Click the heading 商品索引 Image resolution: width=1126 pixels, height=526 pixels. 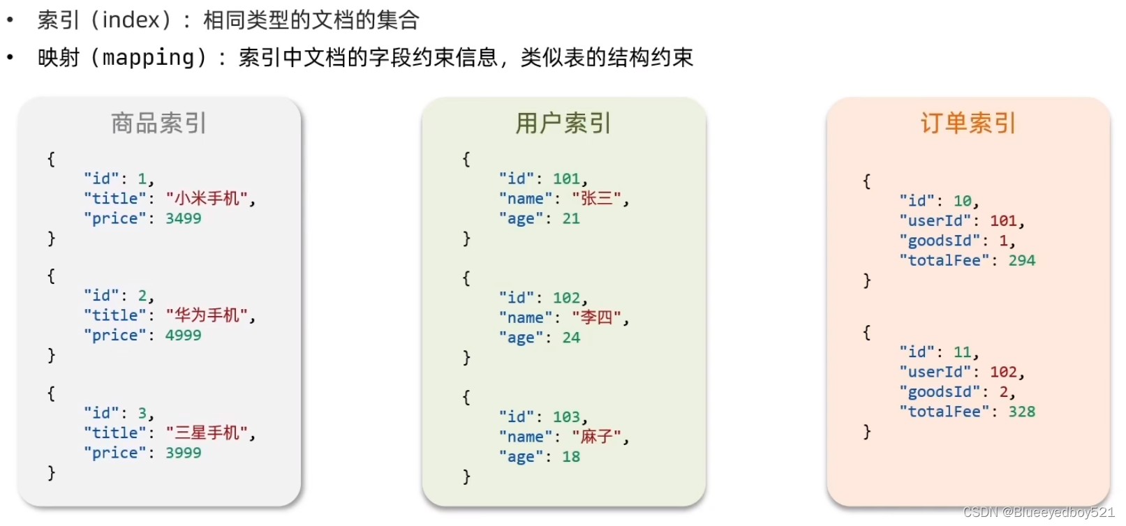(158, 123)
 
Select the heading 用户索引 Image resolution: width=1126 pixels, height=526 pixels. (563, 123)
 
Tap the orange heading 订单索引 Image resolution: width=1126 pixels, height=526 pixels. (968, 123)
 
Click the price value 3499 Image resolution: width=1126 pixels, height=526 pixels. (183, 218)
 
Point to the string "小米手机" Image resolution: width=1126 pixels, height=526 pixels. (207, 199)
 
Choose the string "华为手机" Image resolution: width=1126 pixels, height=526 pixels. (207, 315)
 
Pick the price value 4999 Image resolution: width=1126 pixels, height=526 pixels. (183, 336)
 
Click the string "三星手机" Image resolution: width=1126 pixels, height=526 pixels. (207, 433)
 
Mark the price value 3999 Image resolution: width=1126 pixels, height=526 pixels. (183, 453)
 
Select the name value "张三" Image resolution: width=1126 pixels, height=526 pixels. (597, 199)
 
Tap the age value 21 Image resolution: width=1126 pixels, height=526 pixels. (571, 219)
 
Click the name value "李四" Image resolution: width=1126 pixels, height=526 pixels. (597, 318)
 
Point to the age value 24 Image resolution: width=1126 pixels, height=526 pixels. (571, 338)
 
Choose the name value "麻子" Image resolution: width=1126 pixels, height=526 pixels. (597, 437)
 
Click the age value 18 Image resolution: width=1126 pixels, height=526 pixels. (571, 457)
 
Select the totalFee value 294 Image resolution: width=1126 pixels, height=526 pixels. (1021, 261)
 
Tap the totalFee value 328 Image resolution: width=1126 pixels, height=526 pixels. (1021, 412)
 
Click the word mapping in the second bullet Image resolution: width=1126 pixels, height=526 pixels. (149, 58)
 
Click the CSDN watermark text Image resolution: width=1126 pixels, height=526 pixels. (1039, 513)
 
